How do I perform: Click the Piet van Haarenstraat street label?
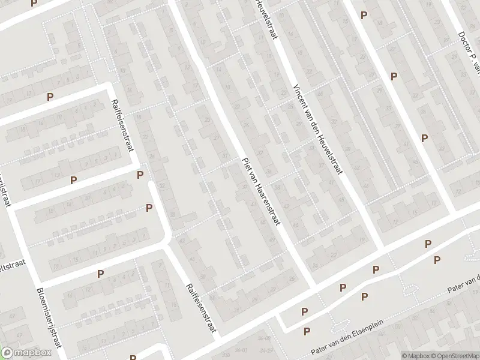pyautogui.click(x=260, y=190)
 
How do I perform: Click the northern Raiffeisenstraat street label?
pyautogui.click(x=121, y=126)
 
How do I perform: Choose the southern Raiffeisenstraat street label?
pyautogui.click(x=200, y=308)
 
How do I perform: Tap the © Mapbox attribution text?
pyautogui.click(x=416, y=355)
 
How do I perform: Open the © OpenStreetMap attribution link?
pyautogui.click(x=455, y=355)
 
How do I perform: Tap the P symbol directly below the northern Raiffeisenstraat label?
pyautogui.click(x=140, y=175)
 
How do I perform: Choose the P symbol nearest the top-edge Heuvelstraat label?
pyautogui.click(x=363, y=14)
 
